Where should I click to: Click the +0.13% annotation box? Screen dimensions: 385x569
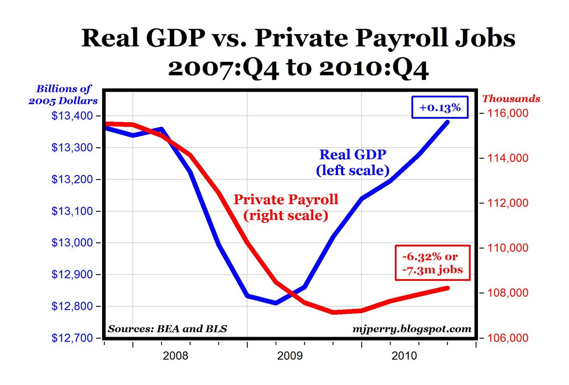(440, 107)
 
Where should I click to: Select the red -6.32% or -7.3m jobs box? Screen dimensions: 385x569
(432, 263)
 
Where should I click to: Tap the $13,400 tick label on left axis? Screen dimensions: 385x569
(72, 116)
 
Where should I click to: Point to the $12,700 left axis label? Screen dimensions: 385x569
(72, 338)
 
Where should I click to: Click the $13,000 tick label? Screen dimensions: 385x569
(72, 243)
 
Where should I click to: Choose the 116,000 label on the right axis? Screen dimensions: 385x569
(508, 113)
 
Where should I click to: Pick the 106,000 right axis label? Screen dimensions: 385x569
(508, 338)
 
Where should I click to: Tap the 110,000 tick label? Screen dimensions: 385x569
(508, 248)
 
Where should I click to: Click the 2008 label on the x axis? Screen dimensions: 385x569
(175, 355)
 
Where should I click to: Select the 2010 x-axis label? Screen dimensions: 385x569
(404, 355)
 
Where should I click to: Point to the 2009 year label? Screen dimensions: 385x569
(290, 355)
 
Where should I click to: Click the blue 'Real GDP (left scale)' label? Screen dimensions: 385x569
(353, 162)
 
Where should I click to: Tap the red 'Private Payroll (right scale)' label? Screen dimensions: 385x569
(286, 207)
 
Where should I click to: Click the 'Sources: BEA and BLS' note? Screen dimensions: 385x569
(167, 329)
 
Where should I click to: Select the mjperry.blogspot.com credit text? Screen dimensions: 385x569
(412, 329)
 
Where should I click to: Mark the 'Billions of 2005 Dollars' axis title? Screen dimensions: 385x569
(63, 95)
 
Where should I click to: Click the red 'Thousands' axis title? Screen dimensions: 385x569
(511, 98)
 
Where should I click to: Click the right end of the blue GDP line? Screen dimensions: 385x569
(447, 122)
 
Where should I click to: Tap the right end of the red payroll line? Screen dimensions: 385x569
(447, 288)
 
